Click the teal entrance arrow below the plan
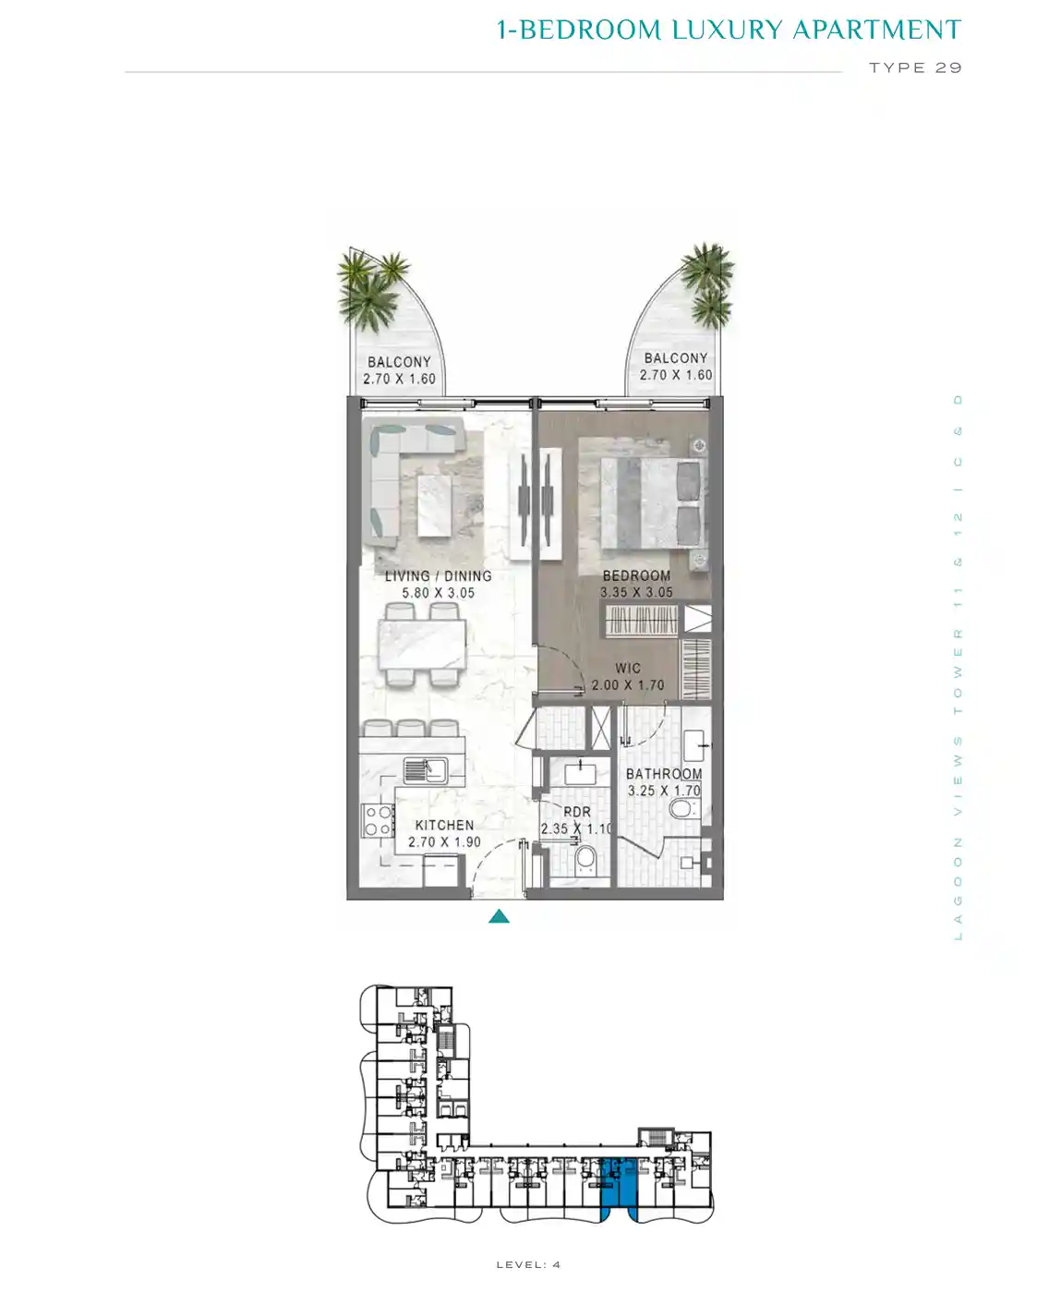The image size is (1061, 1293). point(499,916)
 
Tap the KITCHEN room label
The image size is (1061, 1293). point(444,826)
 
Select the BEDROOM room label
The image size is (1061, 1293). point(636,575)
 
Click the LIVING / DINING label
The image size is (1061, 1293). point(439,575)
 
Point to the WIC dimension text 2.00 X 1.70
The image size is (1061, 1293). point(628,684)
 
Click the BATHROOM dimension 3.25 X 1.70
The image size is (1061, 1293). point(664,791)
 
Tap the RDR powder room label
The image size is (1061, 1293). point(577,812)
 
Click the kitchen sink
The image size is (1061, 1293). point(426,770)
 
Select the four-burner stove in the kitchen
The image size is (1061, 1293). point(377,820)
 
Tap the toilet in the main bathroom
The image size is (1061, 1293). point(683,809)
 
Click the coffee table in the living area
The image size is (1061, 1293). point(435,507)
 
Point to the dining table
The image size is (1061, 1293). point(422,645)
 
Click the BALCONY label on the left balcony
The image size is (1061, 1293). point(399,362)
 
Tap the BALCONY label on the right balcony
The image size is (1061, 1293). point(675,358)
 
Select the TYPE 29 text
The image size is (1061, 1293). point(915,67)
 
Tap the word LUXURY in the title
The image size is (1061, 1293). point(728,30)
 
